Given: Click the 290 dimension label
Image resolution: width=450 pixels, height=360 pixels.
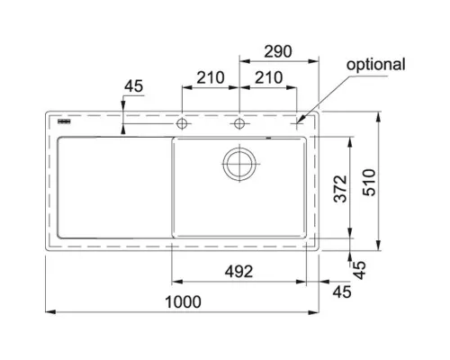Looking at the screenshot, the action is click(277, 51).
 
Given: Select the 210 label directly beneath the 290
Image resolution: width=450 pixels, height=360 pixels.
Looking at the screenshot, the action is click(268, 77).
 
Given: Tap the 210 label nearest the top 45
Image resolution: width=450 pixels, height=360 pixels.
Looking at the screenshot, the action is click(211, 77).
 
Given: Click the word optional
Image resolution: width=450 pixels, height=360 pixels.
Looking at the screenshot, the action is click(375, 65).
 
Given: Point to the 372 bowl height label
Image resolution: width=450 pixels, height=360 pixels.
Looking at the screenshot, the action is click(341, 189).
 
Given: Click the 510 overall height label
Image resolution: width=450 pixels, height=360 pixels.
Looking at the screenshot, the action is click(369, 183).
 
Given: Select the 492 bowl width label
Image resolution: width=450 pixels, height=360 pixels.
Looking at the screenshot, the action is click(238, 272).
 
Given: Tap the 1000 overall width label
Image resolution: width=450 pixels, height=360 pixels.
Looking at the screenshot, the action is click(183, 301).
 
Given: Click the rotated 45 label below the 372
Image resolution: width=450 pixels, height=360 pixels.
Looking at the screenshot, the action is click(359, 270).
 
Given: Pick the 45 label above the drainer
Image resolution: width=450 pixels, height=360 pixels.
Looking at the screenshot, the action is click(134, 86).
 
